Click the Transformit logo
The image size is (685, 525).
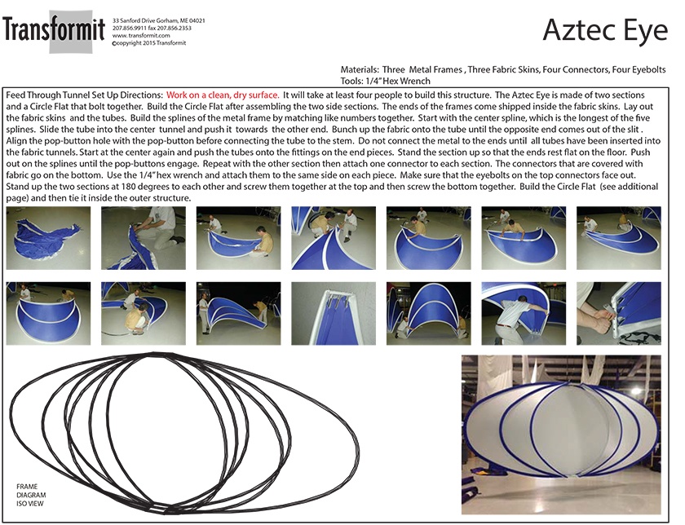[54, 30]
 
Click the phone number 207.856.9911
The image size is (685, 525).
[130, 28]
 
